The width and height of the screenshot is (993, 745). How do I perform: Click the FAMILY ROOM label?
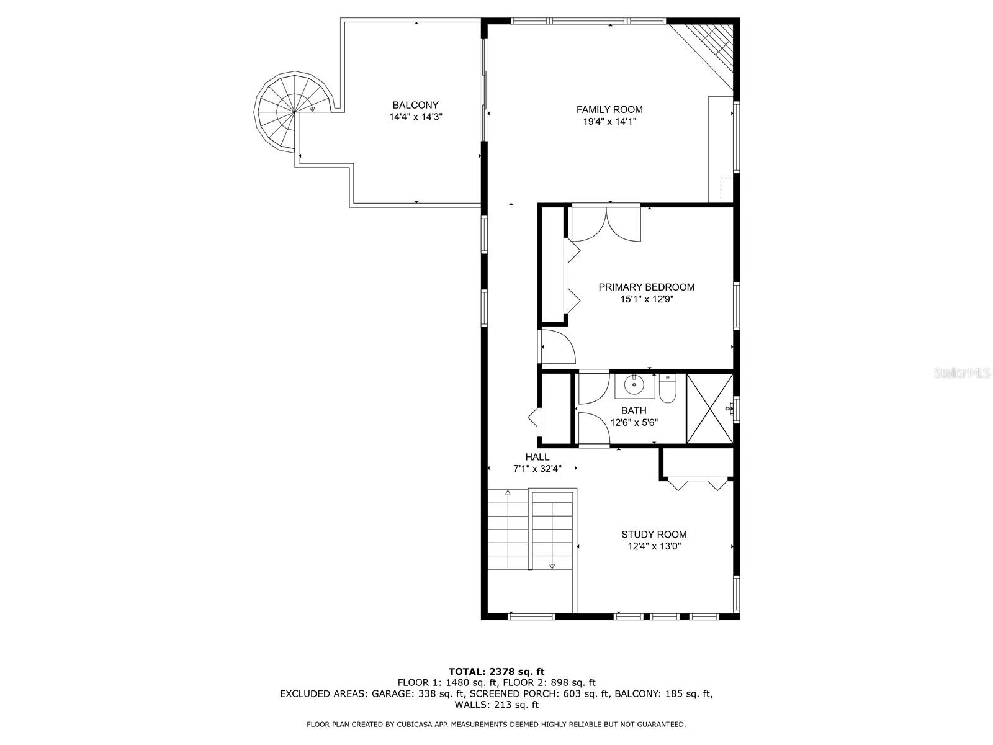(x=609, y=110)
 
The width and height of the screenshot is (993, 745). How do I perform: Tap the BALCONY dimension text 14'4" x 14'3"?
(x=415, y=117)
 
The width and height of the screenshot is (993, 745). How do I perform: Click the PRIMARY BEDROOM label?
(x=646, y=287)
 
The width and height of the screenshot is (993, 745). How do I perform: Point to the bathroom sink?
(x=634, y=386)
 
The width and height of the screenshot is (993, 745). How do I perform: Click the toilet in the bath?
(x=667, y=390)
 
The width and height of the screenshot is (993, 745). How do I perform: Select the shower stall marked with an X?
(x=709, y=409)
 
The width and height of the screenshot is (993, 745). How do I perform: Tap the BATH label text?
(x=634, y=410)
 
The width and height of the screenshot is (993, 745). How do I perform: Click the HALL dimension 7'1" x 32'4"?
(x=537, y=469)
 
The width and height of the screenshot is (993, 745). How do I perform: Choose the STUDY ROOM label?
(x=654, y=535)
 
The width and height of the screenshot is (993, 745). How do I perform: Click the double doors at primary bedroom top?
(x=606, y=223)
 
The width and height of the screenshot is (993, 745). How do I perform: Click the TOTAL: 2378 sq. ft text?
(x=496, y=671)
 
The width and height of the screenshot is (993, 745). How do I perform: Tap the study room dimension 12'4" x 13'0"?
(x=654, y=546)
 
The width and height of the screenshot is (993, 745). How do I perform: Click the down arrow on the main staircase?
(x=552, y=566)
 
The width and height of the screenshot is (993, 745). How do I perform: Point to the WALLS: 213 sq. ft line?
(x=496, y=705)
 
